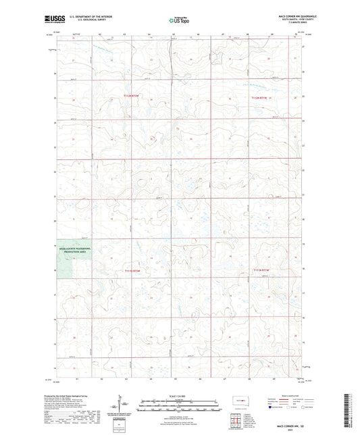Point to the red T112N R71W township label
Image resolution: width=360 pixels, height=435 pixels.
[x=261, y=97]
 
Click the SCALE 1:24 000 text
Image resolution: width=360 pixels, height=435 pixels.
[x=180, y=396]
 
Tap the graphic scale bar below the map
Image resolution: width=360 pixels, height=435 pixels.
[x=180, y=403]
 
